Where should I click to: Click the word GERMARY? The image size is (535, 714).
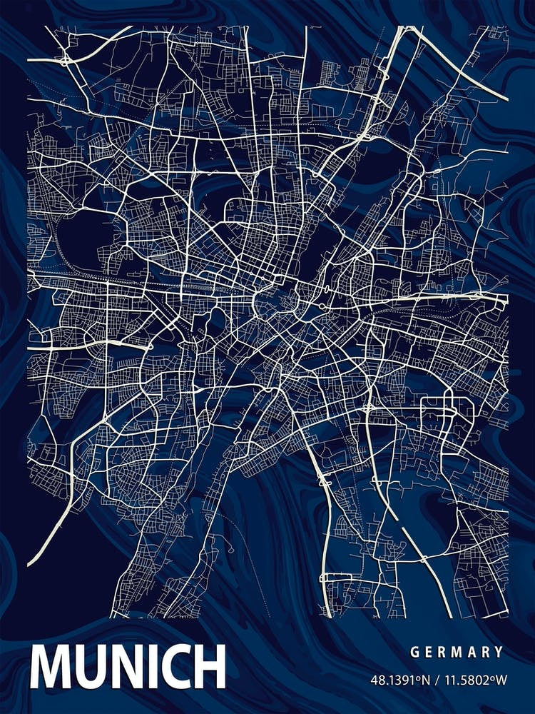point(457,652)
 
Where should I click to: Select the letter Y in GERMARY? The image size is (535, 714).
point(499,652)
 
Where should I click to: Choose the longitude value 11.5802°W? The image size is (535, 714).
point(472,679)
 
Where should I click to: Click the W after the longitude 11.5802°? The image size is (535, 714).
point(499,679)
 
